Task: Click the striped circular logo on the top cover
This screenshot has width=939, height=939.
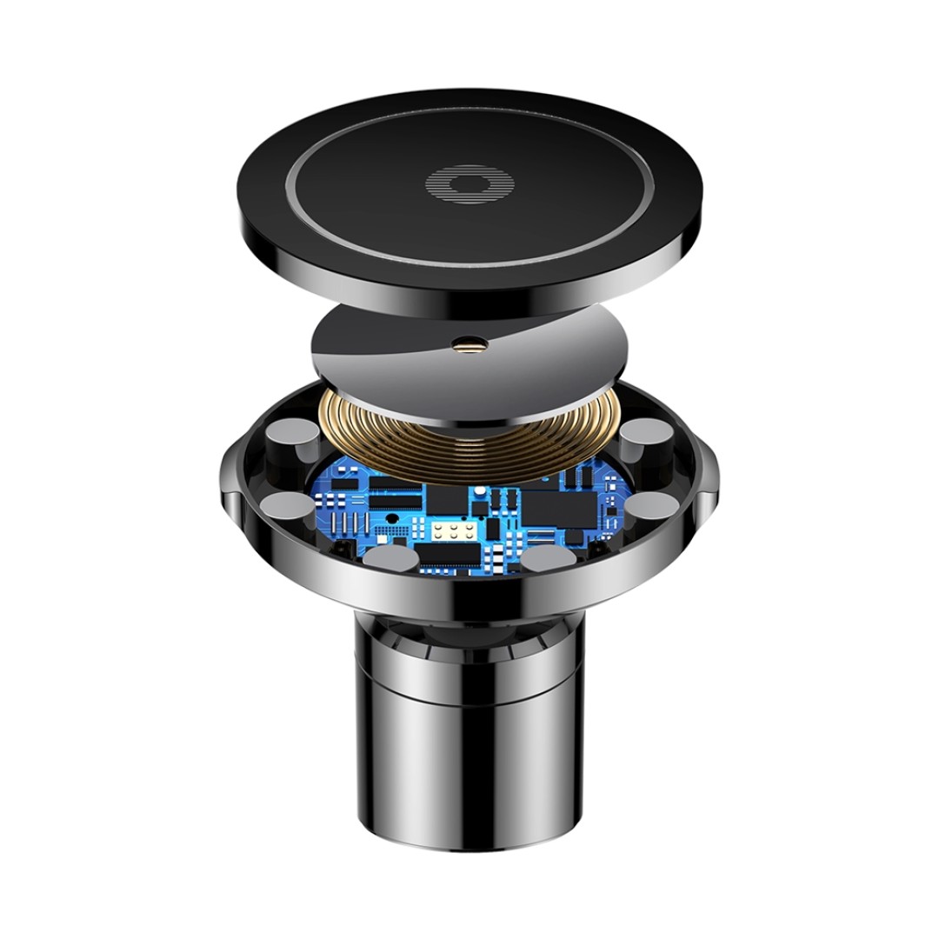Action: pos(469,184)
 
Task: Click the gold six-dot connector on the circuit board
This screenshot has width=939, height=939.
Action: pos(450,530)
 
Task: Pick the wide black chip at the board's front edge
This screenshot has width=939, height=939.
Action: pos(451,555)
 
